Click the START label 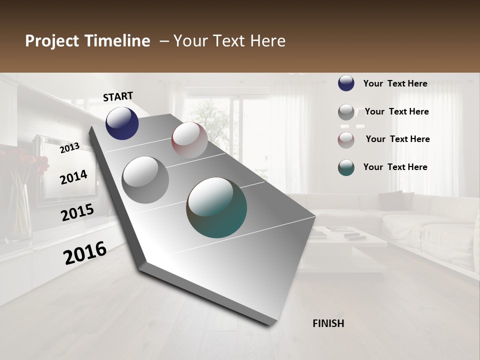coord(118,96)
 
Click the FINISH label coord(328,323)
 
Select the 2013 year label coord(69,147)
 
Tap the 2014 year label coord(73,177)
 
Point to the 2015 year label coord(77,212)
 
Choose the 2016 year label coord(85,252)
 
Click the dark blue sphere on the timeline coord(122,123)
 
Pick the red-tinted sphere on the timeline coord(189,140)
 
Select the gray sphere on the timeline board coord(145,179)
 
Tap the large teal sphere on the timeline coord(216,207)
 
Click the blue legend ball coord(346,83)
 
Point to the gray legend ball coord(346,112)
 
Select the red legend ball coord(346,139)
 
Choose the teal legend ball coord(346,167)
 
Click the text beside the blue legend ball coord(395,83)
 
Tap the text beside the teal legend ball coord(395,167)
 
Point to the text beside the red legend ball coord(397,139)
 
